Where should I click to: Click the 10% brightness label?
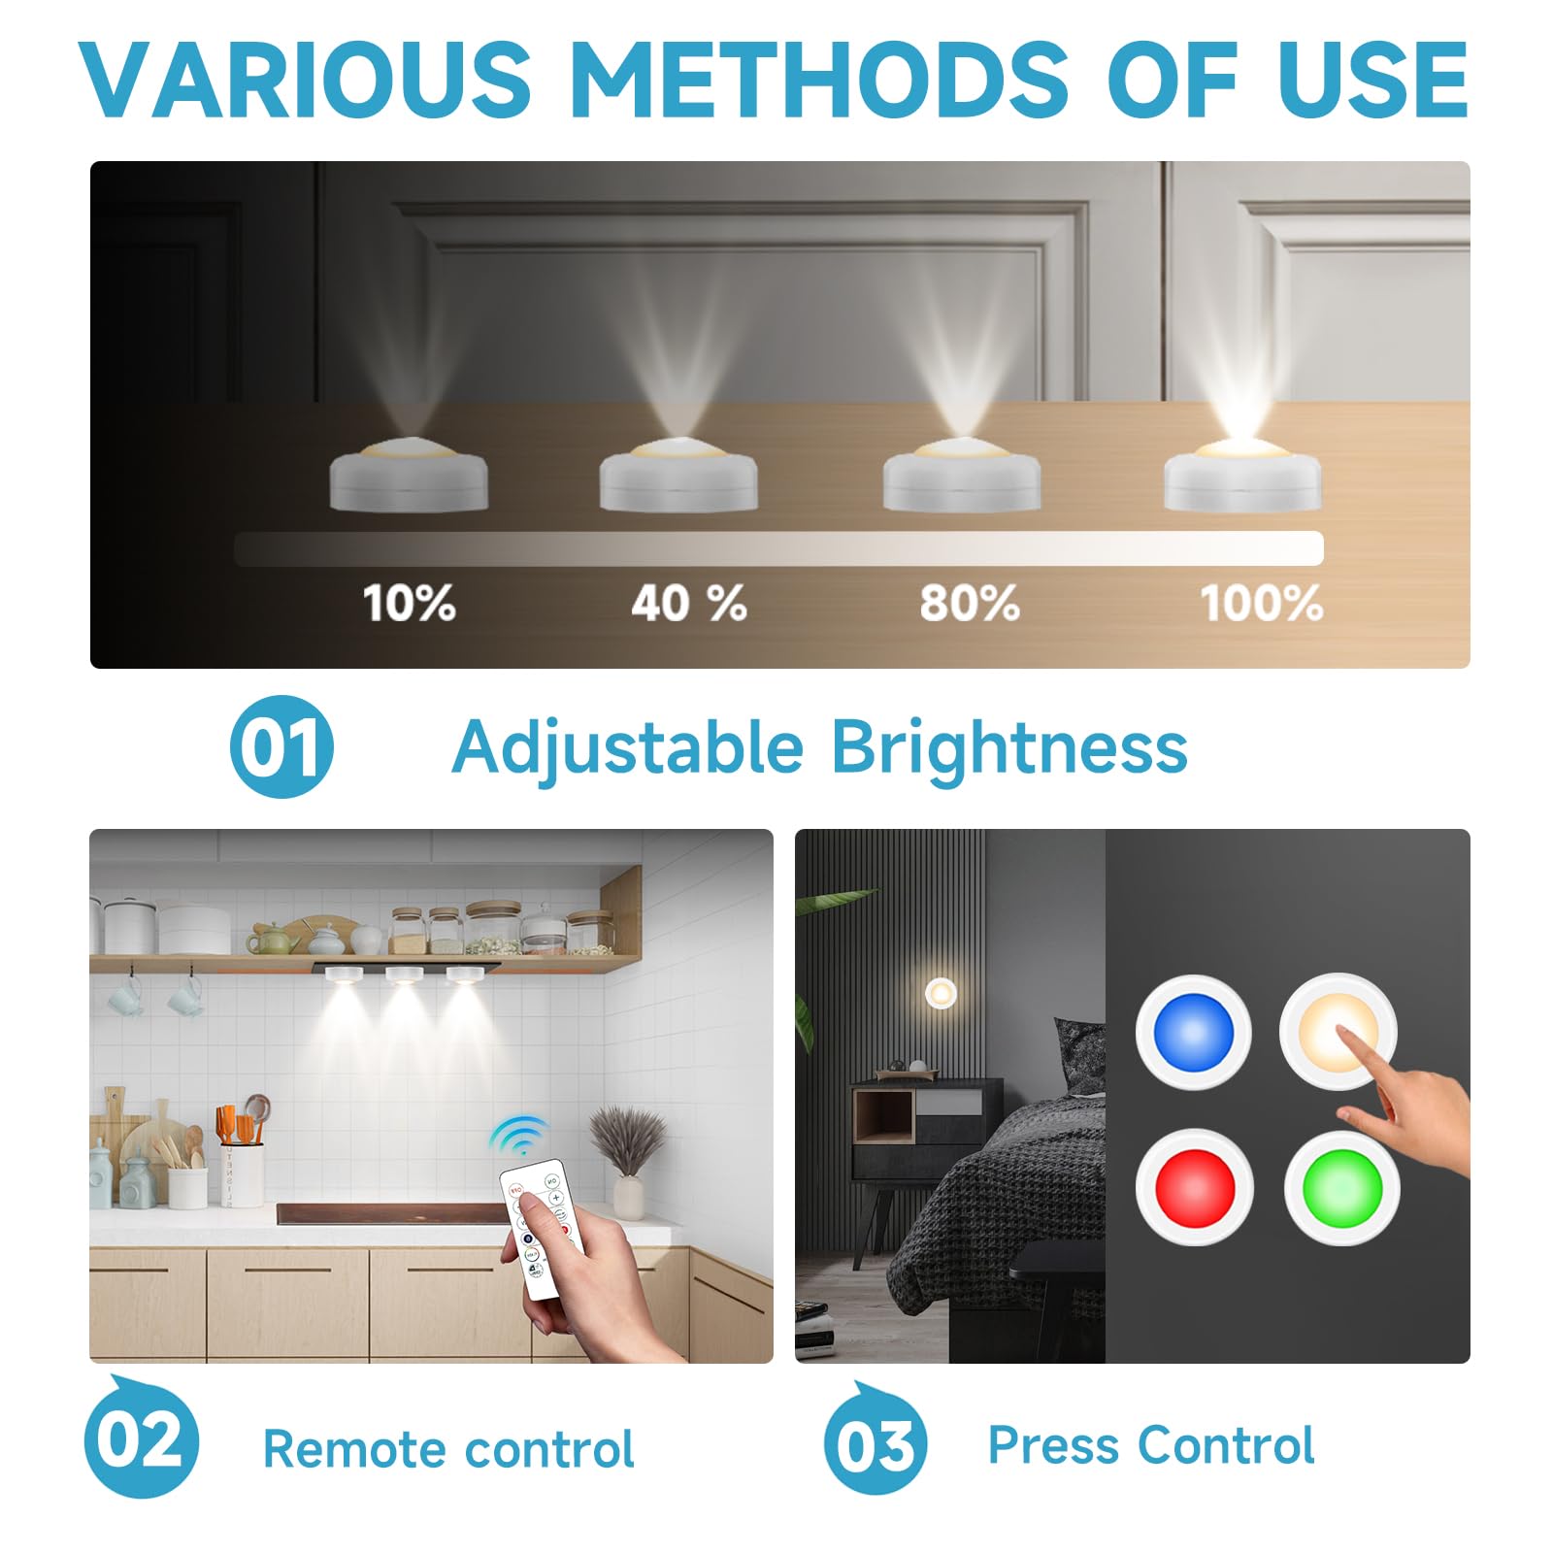coord(409,604)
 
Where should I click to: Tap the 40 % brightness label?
coord(688,604)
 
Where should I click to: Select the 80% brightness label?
coord(969,604)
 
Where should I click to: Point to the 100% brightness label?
coord(1261,604)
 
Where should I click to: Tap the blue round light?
coord(1193,1032)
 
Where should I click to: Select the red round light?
coord(1195,1187)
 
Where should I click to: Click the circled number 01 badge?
coord(281,747)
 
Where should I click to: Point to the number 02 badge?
coord(142,1440)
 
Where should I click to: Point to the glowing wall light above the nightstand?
coord(941,993)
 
